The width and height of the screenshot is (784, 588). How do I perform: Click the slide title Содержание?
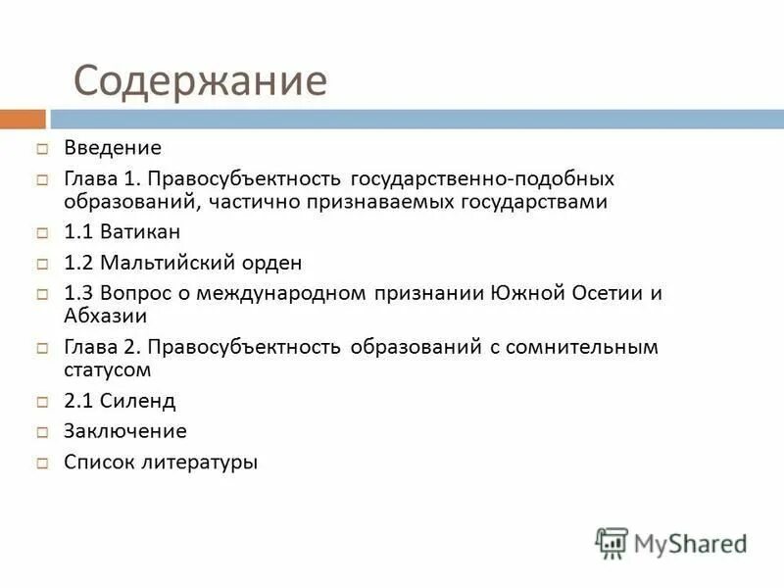200,80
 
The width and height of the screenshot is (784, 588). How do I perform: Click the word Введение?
113,149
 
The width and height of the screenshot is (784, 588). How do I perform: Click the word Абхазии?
106,316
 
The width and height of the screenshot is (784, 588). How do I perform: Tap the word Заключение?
125,431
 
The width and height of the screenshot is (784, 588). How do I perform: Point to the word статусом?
108,369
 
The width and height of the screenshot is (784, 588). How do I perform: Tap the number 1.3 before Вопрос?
79,294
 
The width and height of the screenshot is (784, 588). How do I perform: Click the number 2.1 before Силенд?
79,401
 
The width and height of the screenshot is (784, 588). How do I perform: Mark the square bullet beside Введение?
43,150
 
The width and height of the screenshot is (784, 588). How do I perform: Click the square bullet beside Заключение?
43,432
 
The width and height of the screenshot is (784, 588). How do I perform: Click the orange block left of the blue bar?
23,120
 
